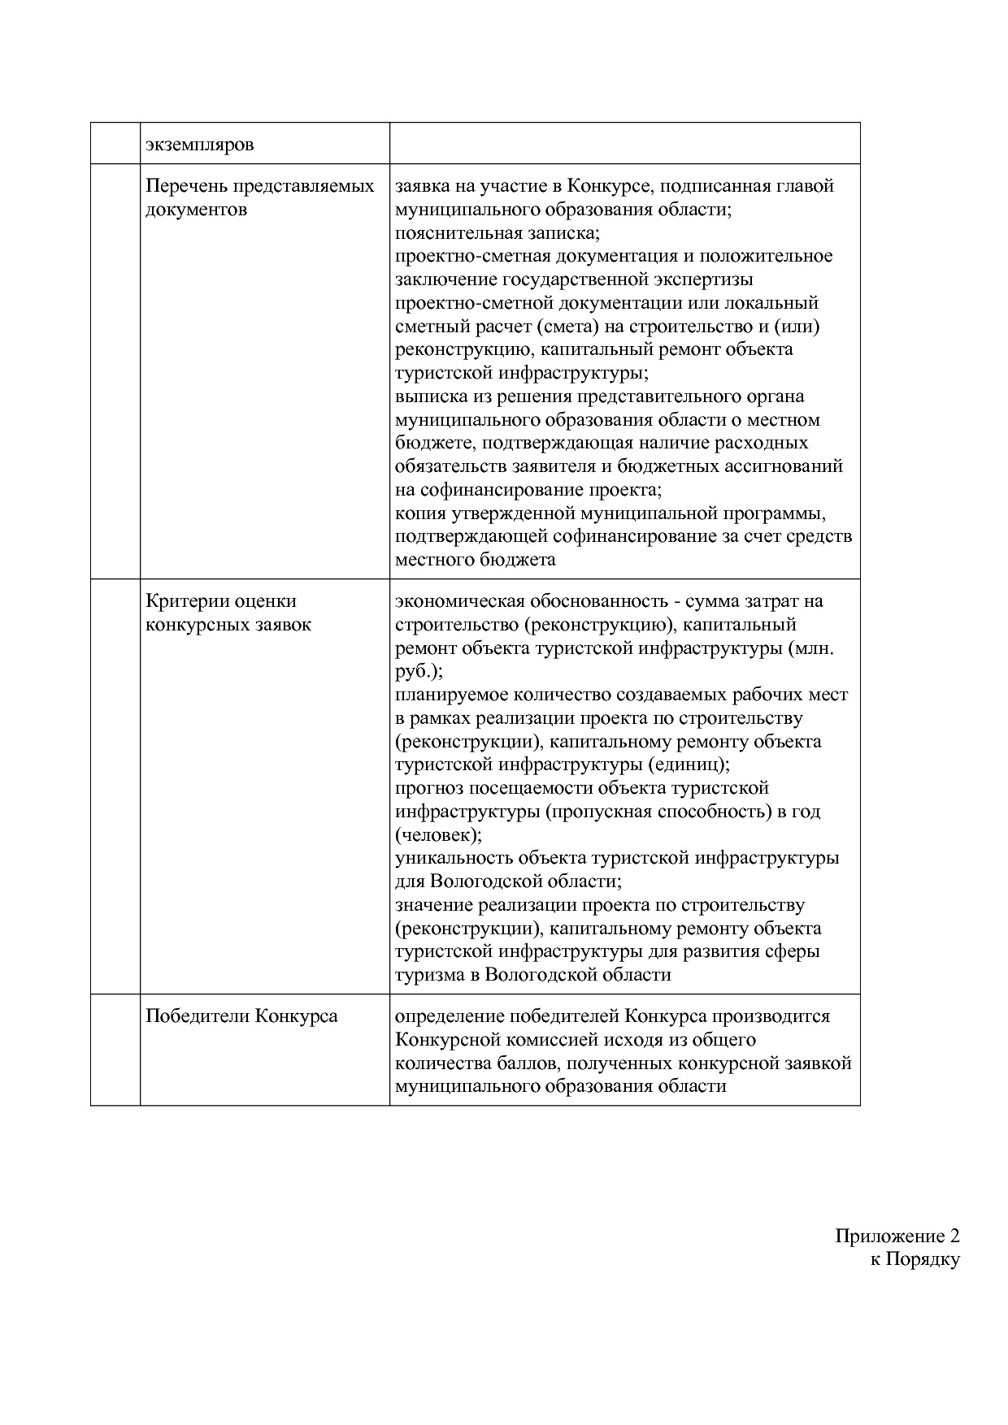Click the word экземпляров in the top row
pyautogui.click(x=199, y=145)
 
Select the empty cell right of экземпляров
pyautogui.click(x=624, y=143)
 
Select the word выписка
pyautogui.click(x=431, y=396)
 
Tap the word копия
pyautogui.click(x=419, y=514)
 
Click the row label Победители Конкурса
pyautogui.click(x=241, y=1016)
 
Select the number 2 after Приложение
pyautogui.click(x=954, y=1237)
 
